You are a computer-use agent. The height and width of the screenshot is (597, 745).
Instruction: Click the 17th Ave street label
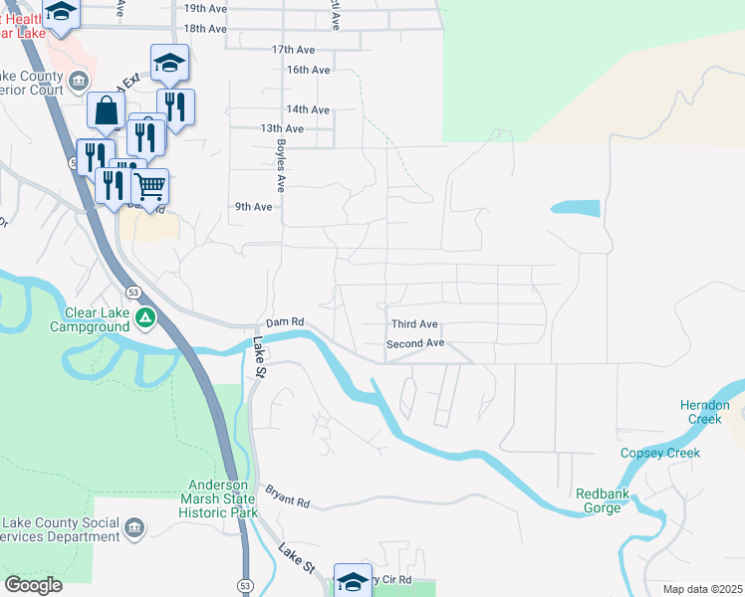293,49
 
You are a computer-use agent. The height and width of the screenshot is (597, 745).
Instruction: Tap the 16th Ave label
308,70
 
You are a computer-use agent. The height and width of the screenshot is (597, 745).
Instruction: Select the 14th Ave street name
308,109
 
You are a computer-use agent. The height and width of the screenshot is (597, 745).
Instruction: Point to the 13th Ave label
282,128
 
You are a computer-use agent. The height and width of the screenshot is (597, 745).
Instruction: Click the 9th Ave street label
254,207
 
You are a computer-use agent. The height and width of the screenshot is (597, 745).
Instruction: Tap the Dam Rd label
284,323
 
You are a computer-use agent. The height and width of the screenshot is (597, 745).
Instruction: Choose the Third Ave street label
414,324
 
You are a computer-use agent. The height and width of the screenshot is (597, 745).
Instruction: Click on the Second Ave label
415,343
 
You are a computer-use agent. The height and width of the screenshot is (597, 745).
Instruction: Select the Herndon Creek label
705,412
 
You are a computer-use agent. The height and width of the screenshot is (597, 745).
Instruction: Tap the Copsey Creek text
660,453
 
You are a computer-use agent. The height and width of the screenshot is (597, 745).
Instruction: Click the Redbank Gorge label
599,500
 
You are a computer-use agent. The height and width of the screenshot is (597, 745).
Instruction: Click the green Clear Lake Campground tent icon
146,318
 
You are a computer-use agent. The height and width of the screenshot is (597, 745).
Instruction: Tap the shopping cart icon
149,185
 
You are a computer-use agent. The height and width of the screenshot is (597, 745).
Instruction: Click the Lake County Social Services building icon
135,525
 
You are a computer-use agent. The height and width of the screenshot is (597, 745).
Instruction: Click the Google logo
33,585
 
